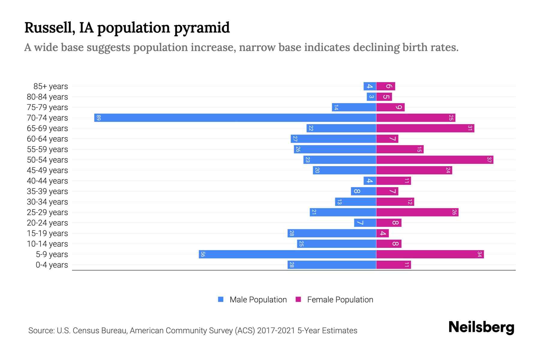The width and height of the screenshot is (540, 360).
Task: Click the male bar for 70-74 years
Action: pyautogui.click(x=235, y=118)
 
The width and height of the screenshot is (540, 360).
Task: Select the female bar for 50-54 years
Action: pyautogui.click(x=435, y=160)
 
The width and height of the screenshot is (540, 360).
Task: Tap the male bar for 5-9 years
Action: pyautogui.click(x=287, y=254)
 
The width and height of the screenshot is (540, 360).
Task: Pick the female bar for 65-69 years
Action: pyautogui.click(x=425, y=128)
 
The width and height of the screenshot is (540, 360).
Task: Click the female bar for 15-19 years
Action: pyautogui.click(x=382, y=233)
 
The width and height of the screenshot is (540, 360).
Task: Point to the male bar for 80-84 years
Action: pyautogui.click(x=371, y=97)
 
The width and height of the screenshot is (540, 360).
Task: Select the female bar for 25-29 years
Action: pyautogui.click(x=417, y=212)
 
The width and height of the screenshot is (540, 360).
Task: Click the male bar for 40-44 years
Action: pyautogui.click(x=370, y=181)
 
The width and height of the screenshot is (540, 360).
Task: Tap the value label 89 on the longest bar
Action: pyautogui.click(x=99, y=118)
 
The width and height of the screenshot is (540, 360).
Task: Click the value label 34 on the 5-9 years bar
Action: pyautogui.click(x=479, y=254)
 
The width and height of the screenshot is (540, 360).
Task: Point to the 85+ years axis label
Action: pyautogui.click(x=51, y=86)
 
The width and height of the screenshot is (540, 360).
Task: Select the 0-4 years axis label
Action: pyautogui.click(x=52, y=265)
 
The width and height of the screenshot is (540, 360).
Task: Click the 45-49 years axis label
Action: pyautogui.click(x=47, y=170)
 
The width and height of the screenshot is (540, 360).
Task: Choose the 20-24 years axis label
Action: pyautogui.click(x=47, y=223)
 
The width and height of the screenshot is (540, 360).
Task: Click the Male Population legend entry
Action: pyautogui.click(x=258, y=299)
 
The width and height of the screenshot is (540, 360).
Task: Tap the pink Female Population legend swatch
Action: pyautogui.click(x=298, y=299)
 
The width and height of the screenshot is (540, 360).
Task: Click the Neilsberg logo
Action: pyautogui.click(x=481, y=327)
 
